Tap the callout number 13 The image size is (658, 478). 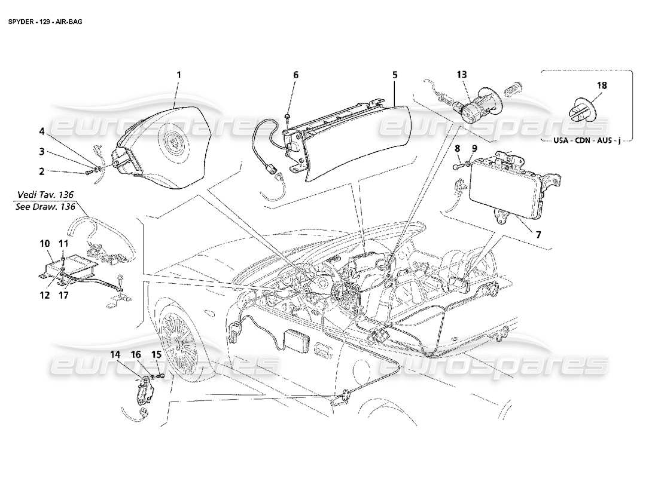pos(461,75)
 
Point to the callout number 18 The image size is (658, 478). pos(601,85)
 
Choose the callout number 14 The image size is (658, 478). pos(114,354)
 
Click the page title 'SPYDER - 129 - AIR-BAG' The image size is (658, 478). pos(45,21)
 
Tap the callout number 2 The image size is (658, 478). pos(41,171)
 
